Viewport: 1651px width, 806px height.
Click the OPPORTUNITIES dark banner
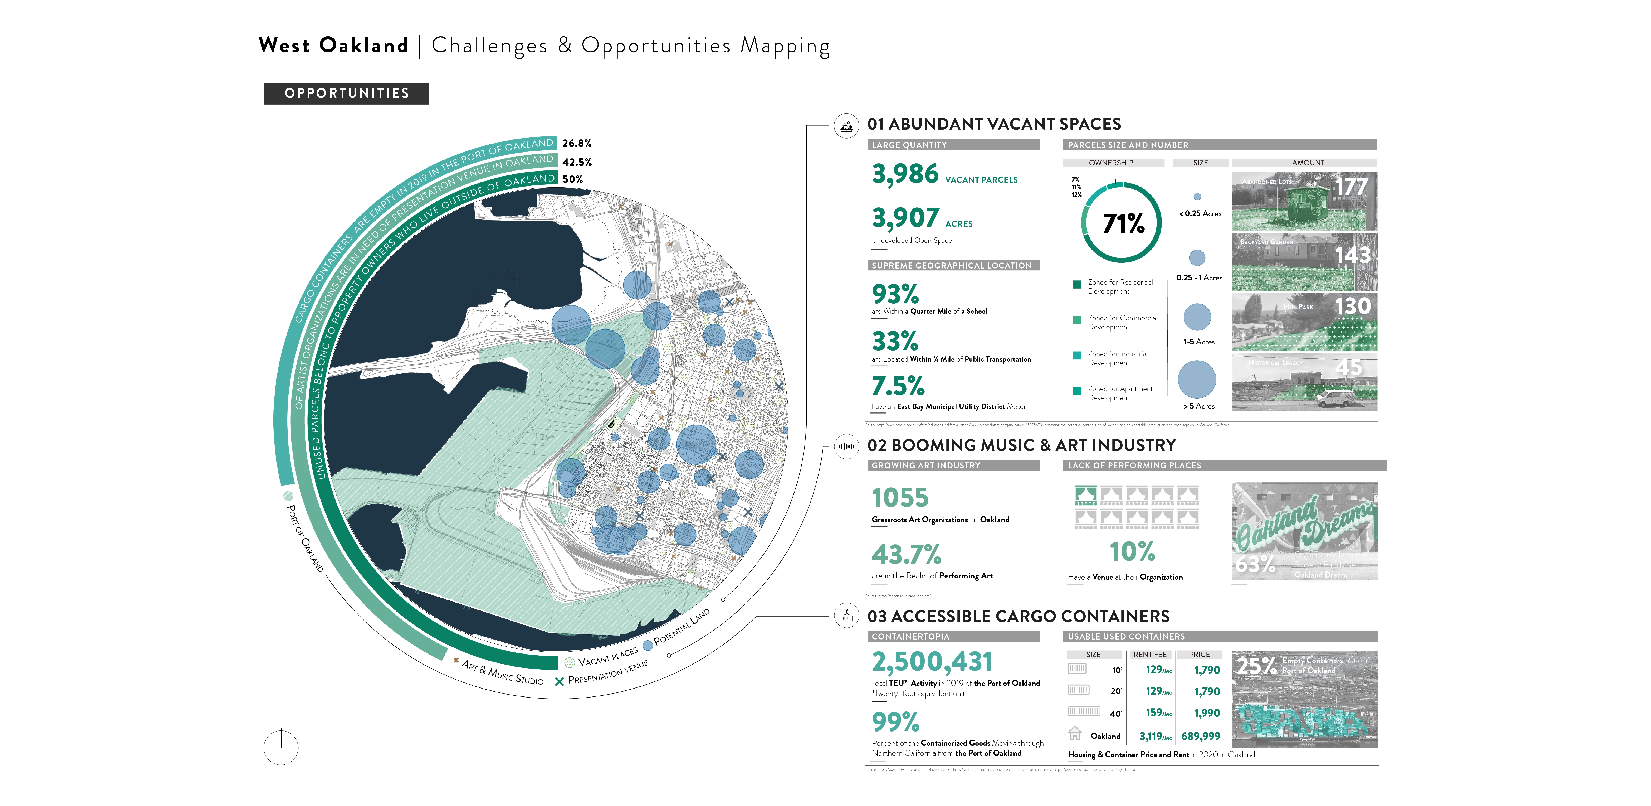coord(346,94)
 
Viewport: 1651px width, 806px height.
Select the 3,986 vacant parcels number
coord(905,174)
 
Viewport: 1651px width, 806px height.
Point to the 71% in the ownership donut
coord(1123,223)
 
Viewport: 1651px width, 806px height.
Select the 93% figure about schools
coord(895,294)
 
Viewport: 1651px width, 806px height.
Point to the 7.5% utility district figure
coord(898,386)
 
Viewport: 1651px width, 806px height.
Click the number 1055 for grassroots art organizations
coord(900,498)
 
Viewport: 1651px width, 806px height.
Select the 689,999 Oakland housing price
coord(1200,736)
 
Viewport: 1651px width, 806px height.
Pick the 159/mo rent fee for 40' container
coord(1158,713)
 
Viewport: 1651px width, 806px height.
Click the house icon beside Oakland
coord(1075,733)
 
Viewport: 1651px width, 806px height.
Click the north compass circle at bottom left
coord(281,747)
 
